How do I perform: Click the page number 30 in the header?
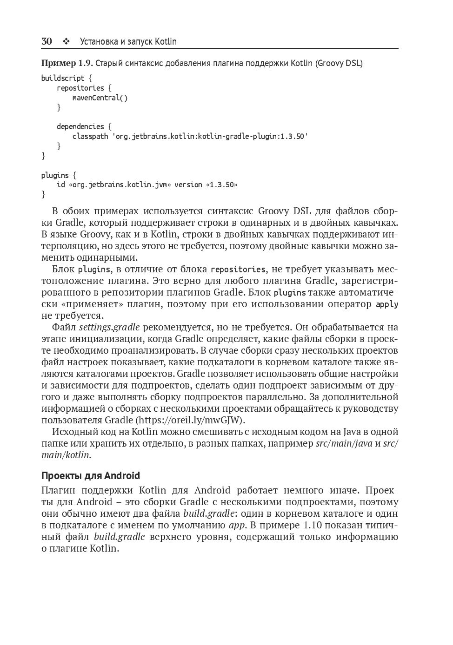(47, 41)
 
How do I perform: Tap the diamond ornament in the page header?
(66, 42)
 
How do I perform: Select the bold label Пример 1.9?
(67, 63)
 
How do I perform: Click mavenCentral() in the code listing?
(100, 98)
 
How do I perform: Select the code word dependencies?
(80, 126)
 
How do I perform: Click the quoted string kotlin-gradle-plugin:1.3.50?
(252, 136)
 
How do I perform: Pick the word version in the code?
(188, 184)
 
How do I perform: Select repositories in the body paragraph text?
(238, 270)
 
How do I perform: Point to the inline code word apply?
(387, 304)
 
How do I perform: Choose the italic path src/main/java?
(344, 443)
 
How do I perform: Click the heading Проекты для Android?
(90, 475)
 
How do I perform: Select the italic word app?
(237, 525)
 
